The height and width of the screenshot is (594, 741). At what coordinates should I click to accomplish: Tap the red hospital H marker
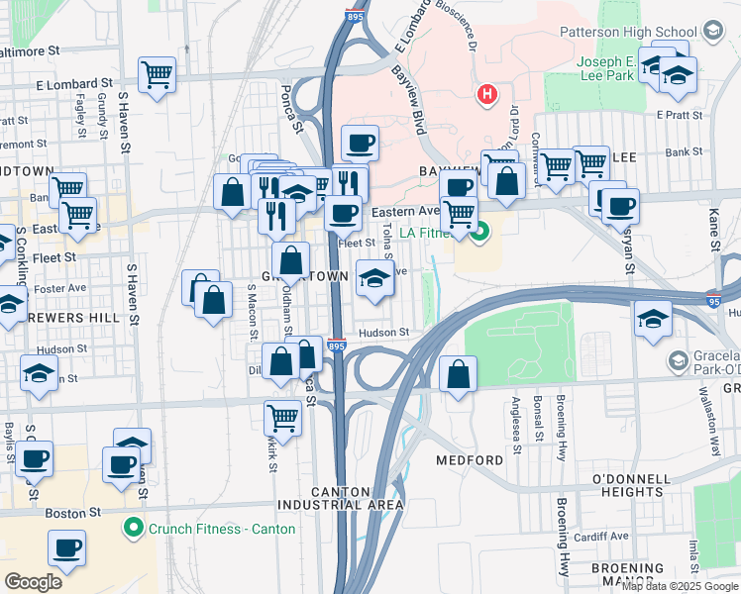pos(486,95)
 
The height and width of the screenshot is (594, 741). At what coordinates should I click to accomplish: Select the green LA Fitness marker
pos(480,234)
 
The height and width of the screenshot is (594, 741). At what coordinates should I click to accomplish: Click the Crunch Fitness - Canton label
pos(222,529)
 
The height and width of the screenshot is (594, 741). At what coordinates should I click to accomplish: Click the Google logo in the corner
pos(33,582)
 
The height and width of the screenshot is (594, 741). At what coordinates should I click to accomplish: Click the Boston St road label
pos(75,513)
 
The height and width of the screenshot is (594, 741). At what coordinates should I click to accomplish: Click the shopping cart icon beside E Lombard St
pos(158,74)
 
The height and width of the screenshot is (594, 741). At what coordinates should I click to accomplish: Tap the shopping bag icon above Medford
pos(458,374)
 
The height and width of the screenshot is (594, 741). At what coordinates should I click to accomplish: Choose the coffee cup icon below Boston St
pos(67,547)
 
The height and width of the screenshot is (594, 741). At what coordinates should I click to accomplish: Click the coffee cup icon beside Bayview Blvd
pos(360,144)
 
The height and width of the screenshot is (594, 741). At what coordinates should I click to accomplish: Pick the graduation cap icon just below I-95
pos(653,319)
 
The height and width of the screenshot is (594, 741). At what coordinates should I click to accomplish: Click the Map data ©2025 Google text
pos(679,586)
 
